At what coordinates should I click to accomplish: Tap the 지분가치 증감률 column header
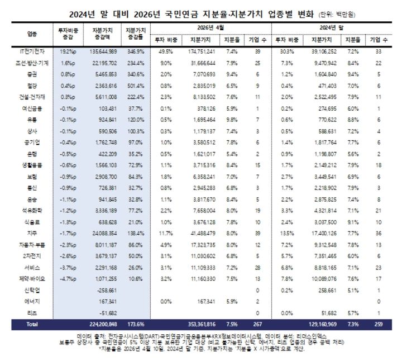(x=136, y=34)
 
